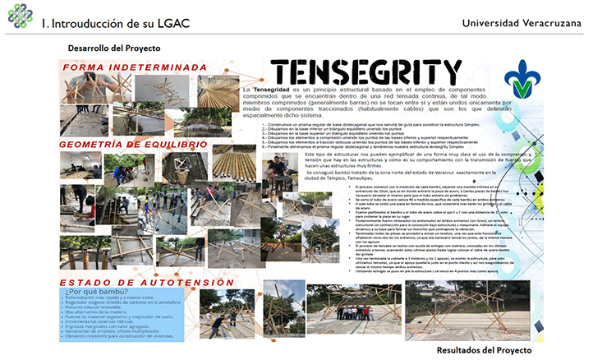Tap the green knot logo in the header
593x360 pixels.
[x=17, y=16]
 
